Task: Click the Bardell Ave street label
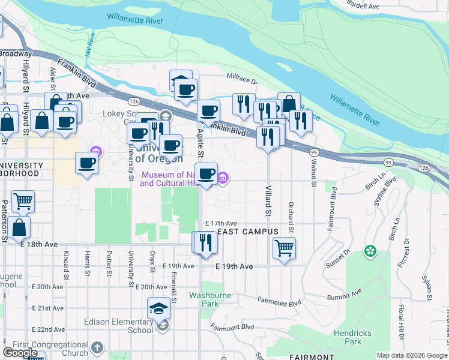364,6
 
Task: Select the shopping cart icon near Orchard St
283,247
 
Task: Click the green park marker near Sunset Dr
371,250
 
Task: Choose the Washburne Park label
203,299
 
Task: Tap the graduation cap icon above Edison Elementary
158,308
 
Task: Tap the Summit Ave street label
345,295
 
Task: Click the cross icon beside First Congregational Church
97,347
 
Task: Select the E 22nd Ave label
50,329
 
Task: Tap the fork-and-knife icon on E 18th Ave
205,242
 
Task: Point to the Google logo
20,353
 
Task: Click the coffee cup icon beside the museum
206,173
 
